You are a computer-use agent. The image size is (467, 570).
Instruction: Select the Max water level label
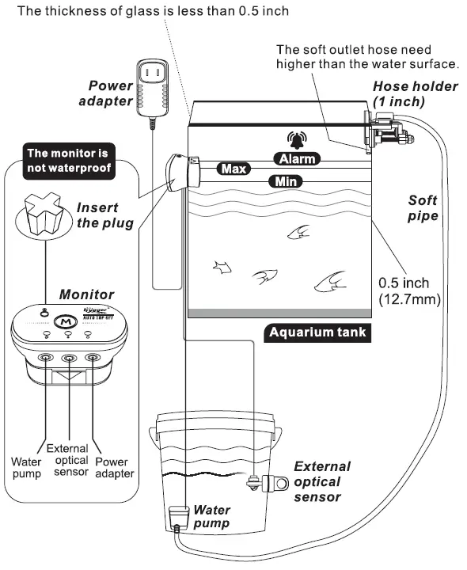[233, 169]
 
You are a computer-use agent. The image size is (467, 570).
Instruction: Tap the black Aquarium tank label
[317, 332]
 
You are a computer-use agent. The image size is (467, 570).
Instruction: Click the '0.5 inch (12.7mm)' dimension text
[406, 290]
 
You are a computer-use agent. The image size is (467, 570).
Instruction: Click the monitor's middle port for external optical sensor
[70, 358]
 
